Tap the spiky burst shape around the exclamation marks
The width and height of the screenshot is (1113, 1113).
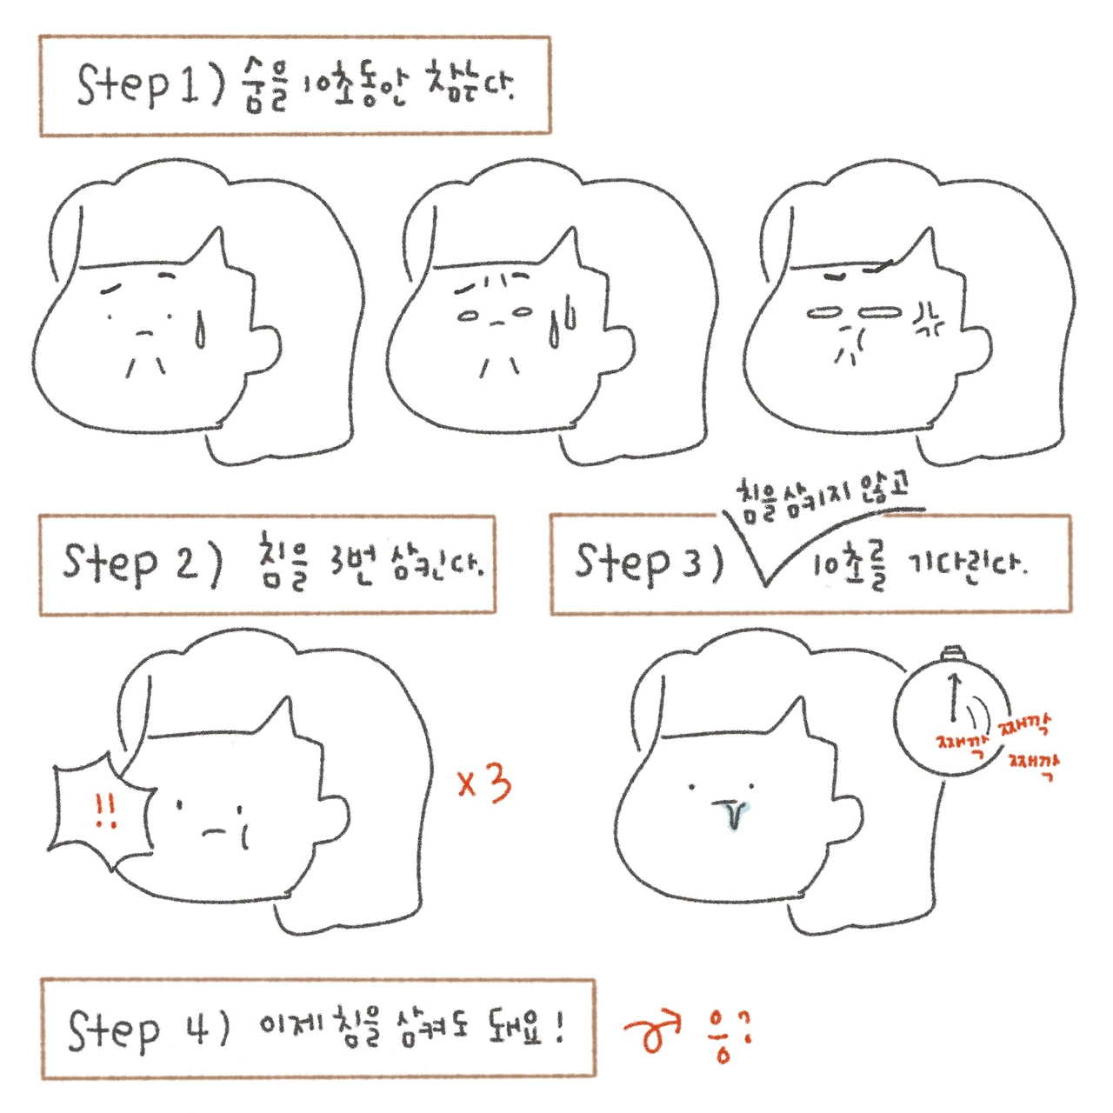pos(55,809)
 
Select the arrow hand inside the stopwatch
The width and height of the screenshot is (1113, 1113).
pos(955,696)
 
